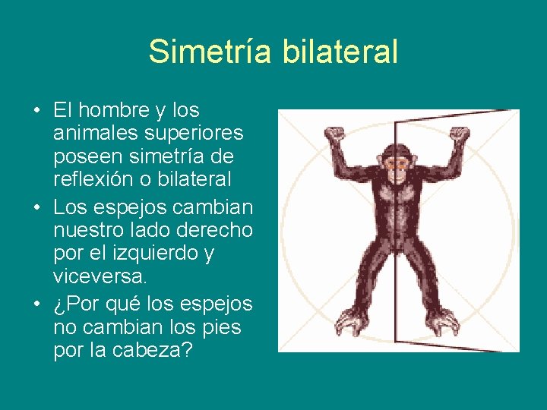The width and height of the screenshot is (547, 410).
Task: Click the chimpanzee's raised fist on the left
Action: click(x=334, y=137)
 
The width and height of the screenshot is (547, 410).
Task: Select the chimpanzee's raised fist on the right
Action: click(x=458, y=136)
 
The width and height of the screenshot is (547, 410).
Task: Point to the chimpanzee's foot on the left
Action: click(x=353, y=322)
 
